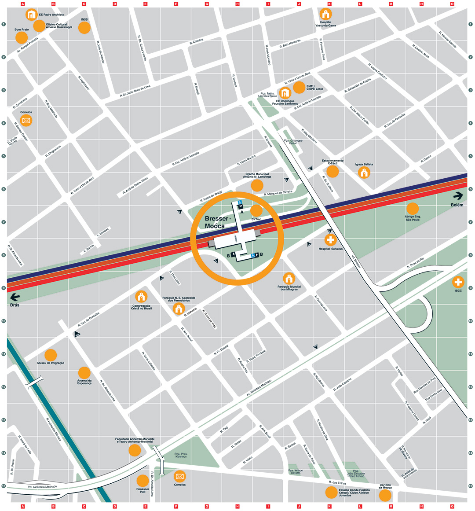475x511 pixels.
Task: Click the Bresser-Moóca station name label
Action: pos(216,222)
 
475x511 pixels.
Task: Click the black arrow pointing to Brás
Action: pos(15,296)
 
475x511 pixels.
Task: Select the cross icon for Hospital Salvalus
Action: pos(330,240)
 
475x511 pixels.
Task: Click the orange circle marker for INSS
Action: pos(84,28)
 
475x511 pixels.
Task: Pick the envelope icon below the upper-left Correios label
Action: pos(26,121)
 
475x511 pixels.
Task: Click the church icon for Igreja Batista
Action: pos(364,173)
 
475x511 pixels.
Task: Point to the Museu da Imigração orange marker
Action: pos(51,355)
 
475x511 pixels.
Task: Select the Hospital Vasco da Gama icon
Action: pos(325,14)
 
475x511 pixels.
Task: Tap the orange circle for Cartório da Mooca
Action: pos(385,496)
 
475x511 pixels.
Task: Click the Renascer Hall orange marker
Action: pos(142,481)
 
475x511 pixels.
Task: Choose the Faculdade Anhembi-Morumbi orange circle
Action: pos(135,450)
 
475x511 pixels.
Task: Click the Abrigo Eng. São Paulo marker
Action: pos(413,209)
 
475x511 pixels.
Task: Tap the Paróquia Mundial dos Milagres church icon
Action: pos(289,279)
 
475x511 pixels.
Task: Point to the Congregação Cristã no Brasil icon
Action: pos(141,297)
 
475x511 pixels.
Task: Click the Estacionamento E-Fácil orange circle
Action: pos(332,171)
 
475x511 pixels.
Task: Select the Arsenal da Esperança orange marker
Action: pos(84,372)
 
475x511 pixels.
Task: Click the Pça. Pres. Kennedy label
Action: pos(181,455)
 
